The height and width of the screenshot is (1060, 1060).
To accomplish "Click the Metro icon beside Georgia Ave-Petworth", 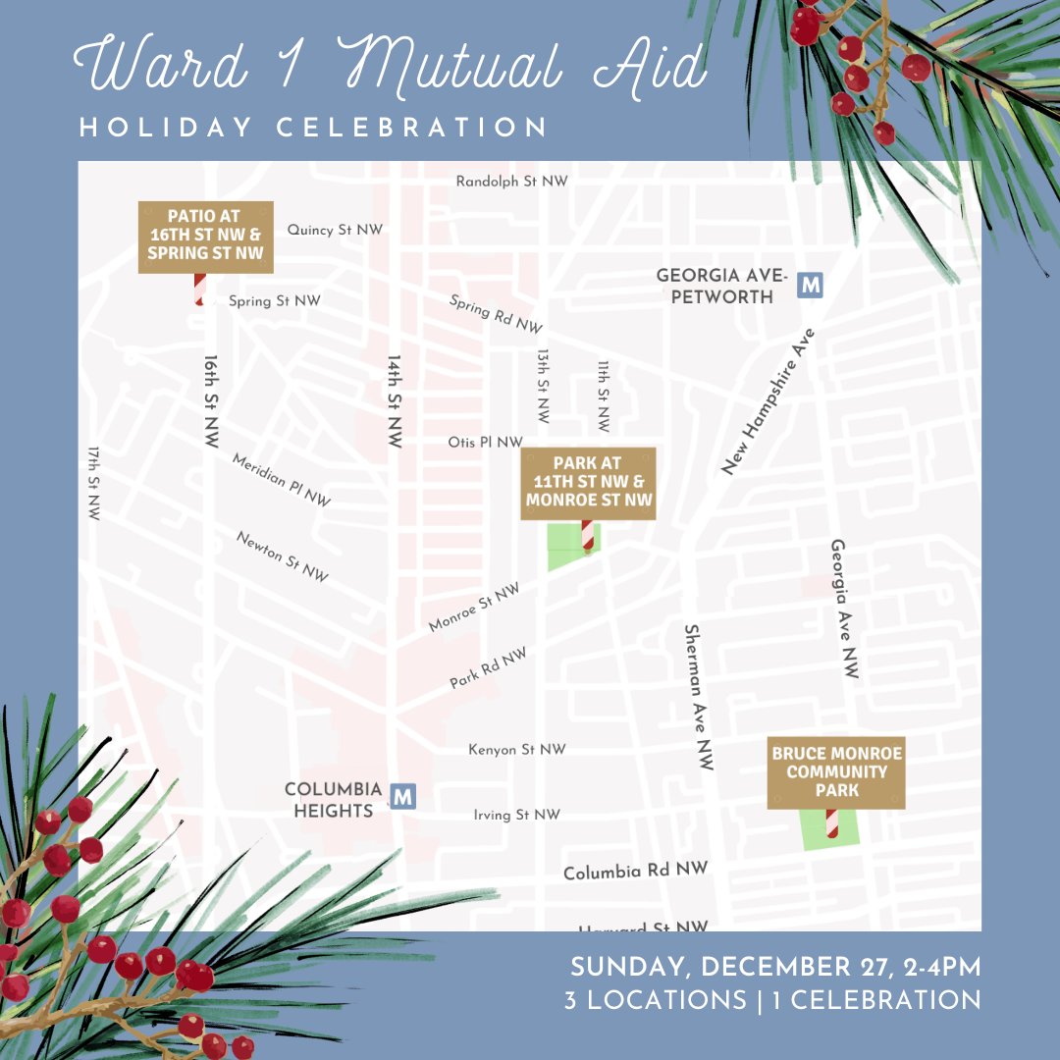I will pos(811,285).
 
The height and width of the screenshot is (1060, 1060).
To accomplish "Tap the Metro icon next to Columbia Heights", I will pos(401,796).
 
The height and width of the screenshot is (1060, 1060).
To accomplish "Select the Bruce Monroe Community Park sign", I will pos(836,772).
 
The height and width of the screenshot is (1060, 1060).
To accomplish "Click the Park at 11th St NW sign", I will pos(588,482).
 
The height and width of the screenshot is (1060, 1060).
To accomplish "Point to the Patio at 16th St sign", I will pos(205,237).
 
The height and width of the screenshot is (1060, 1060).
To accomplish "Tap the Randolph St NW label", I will pos(511,182).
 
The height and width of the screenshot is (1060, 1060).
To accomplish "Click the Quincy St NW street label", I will pos(335,230).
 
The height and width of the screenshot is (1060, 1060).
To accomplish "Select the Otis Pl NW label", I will pos(485,443).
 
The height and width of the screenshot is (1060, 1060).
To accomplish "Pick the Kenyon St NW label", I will pos(517,750).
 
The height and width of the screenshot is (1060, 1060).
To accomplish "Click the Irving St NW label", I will pos(516,815).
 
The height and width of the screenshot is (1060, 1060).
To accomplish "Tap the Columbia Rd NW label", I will pos(635,871).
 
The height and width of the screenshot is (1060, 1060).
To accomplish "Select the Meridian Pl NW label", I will pos(281,480).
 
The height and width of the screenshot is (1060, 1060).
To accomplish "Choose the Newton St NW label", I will pos(282,556).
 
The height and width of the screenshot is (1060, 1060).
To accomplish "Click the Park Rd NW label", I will pos(488,667).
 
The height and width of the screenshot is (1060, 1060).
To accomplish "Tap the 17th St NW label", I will pos(94,483).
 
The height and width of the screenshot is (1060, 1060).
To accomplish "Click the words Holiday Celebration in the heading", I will pos(313,128).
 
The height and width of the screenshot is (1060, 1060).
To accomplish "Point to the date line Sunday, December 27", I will pos(775,967).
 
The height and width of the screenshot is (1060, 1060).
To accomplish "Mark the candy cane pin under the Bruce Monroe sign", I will pos(831,824).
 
